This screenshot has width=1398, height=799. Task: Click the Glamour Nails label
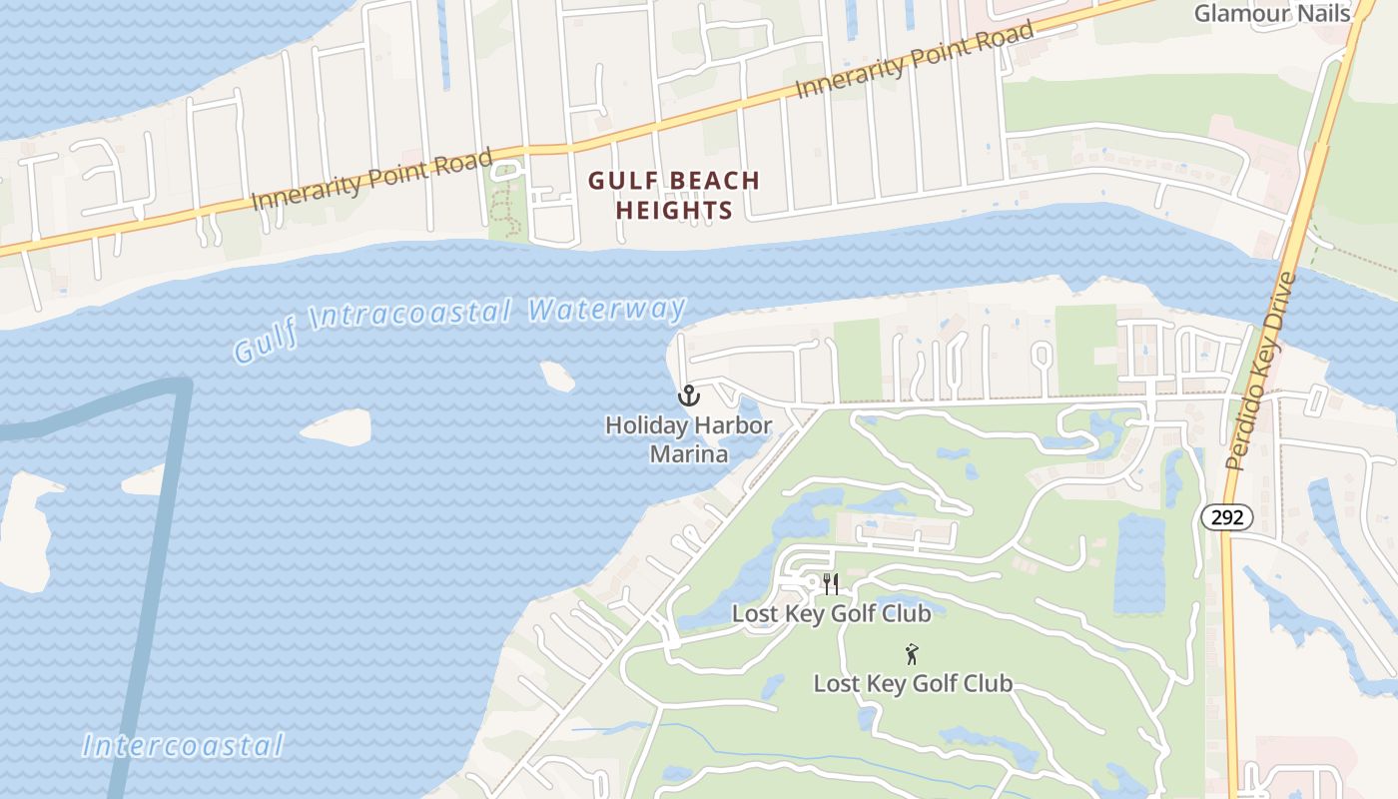tap(1271, 13)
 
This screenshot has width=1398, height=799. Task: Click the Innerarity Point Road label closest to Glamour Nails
tap(915, 61)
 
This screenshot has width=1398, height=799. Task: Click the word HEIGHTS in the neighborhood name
tap(674, 211)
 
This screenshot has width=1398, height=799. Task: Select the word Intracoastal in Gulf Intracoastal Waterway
tap(411, 322)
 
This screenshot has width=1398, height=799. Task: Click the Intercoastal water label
tap(183, 745)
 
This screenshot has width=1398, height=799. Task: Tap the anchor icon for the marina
tap(688, 397)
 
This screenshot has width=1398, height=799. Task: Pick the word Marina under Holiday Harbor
tap(688, 454)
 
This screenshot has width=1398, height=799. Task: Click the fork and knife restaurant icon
tap(831, 584)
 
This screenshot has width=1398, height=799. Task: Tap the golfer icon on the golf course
tap(911, 655)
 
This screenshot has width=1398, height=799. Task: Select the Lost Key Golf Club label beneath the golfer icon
tap(913, 684)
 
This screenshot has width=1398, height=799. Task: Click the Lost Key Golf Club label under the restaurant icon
tap(831, 613)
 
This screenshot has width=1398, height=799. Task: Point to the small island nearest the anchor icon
tap(557, 376)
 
